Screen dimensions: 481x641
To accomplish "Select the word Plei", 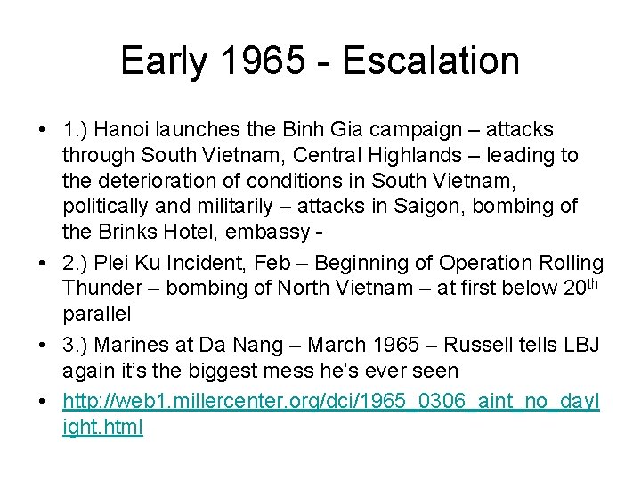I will (x=114, y=265).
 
